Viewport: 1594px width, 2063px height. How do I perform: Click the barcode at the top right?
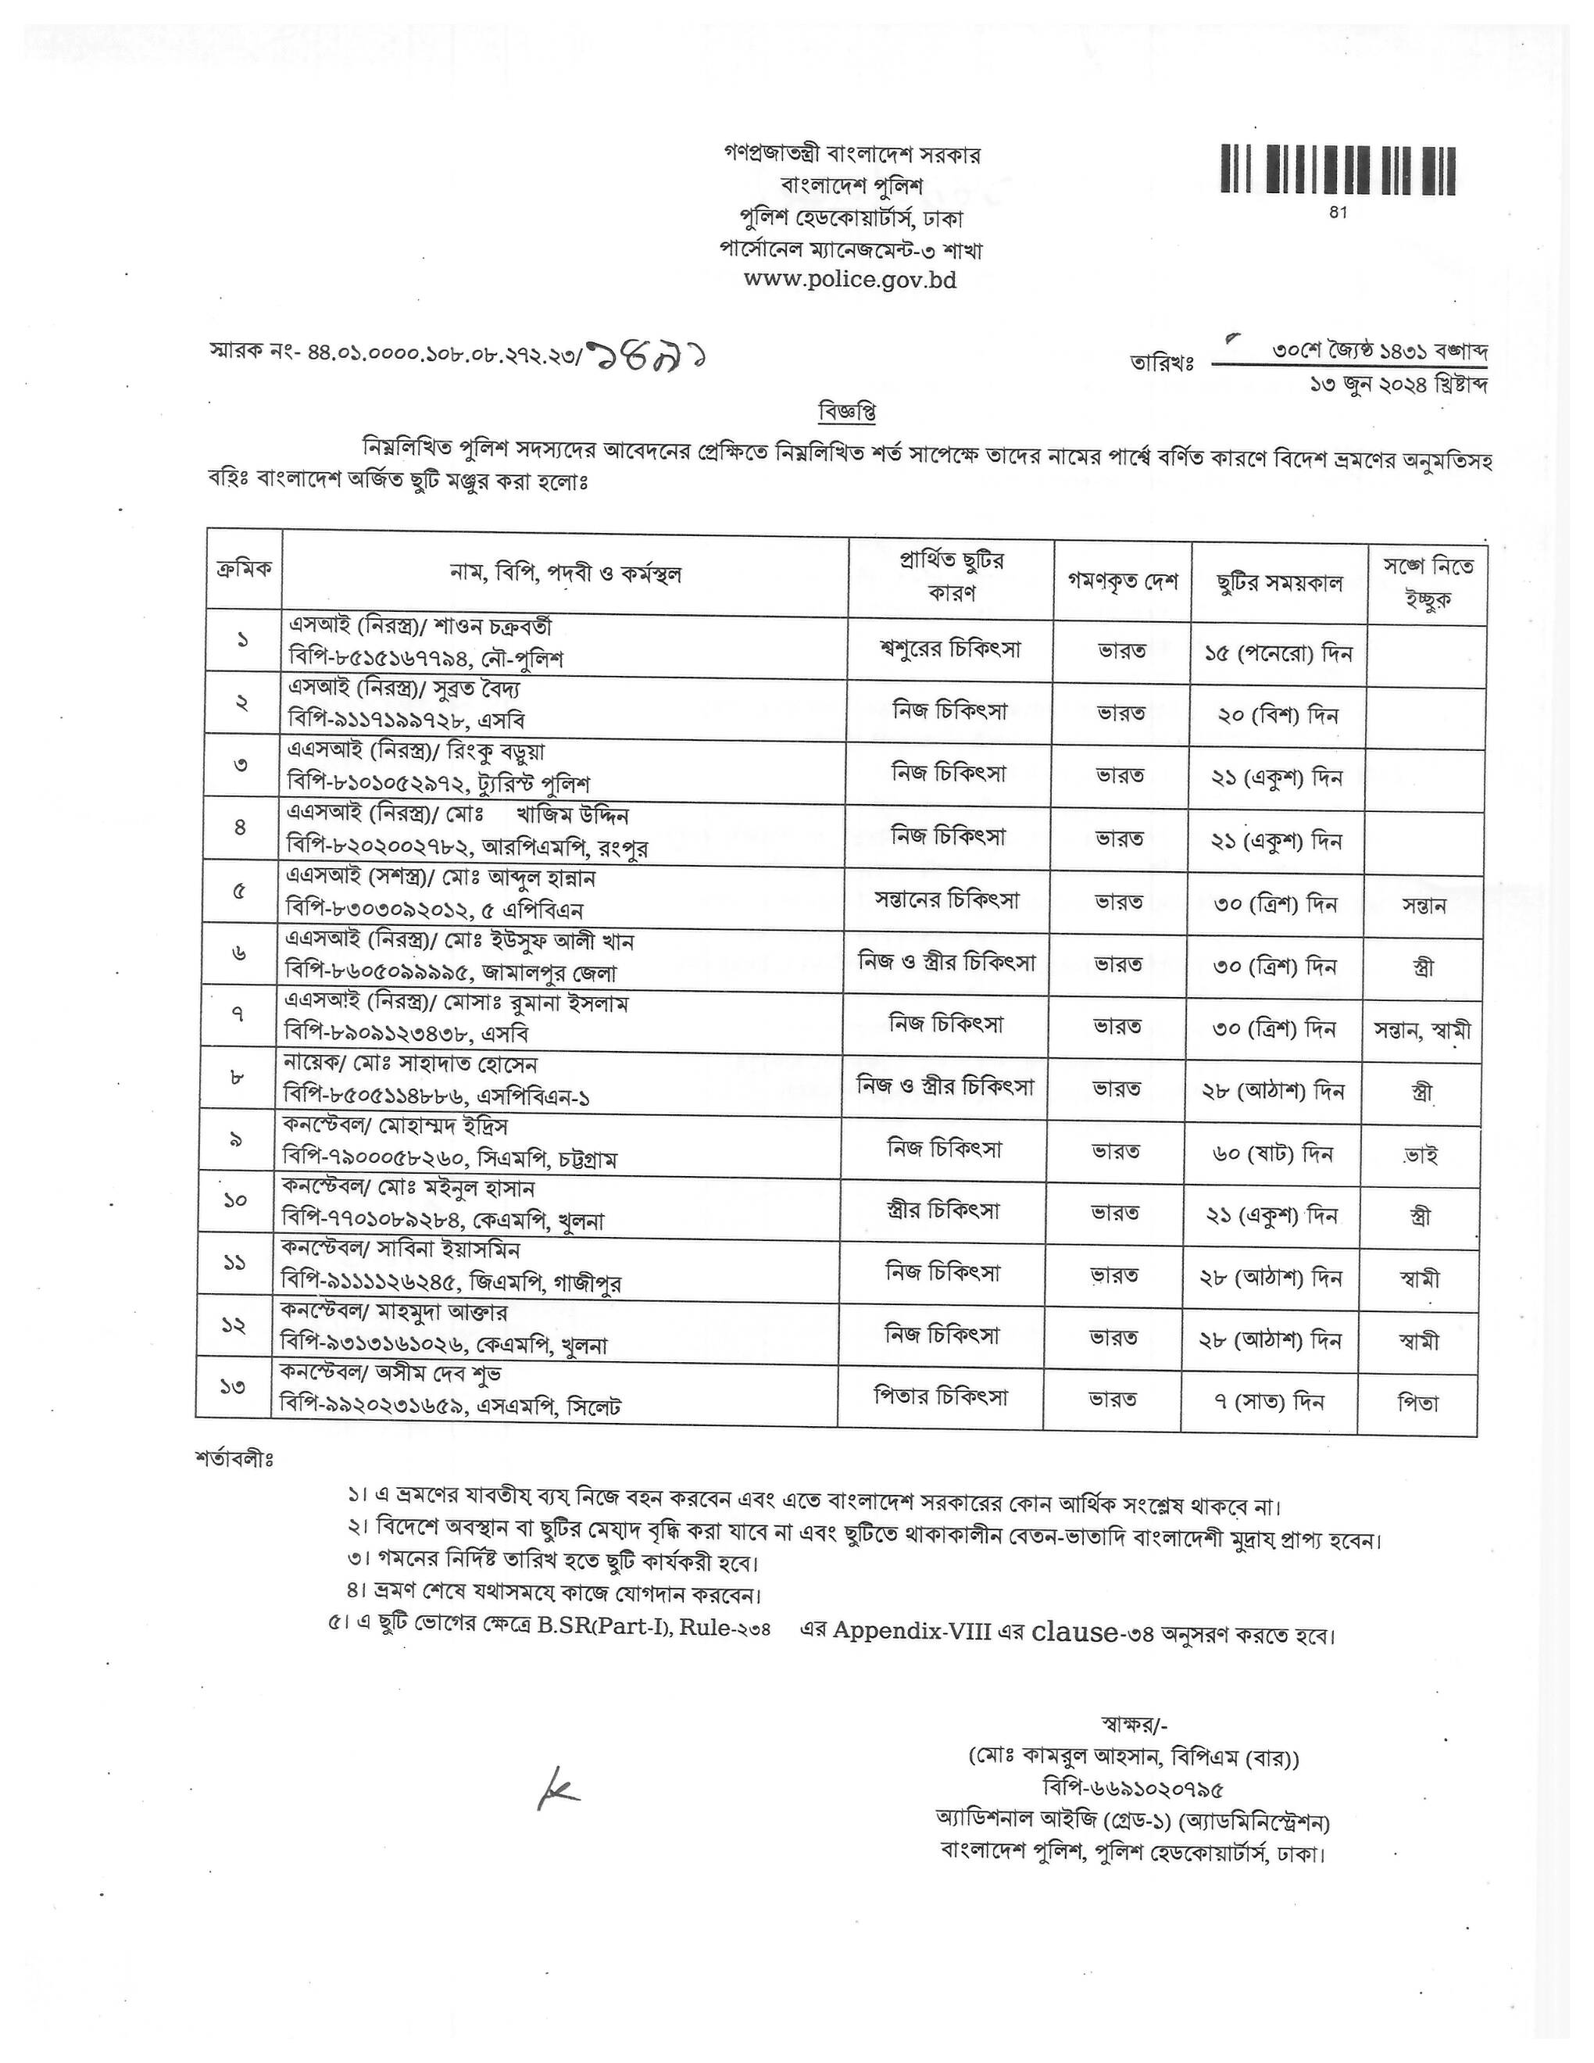(x=1337, y=170)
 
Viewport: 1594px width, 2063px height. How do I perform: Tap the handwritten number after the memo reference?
(x=648, y=356)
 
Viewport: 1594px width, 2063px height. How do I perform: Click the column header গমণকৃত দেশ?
(x=1122, y=581)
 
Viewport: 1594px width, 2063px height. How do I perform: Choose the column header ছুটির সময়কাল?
(x=1280, y=583)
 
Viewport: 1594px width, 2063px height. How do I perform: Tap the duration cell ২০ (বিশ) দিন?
(x=1278, y=715)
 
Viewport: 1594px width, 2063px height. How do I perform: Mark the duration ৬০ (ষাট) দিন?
(x=1275, y=1153)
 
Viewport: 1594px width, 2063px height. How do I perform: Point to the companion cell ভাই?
(x=1421, y=1154)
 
